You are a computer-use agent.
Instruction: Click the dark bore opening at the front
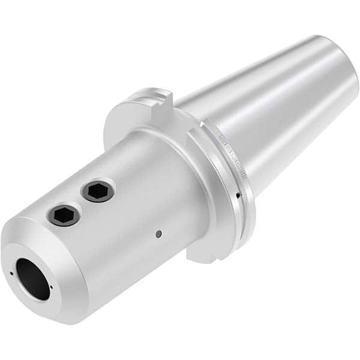pos(33,277)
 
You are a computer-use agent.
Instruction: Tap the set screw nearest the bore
pos(64,214)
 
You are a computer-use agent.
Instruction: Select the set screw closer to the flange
pos(97,191)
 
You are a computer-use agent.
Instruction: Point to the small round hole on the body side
pos(158,234)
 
